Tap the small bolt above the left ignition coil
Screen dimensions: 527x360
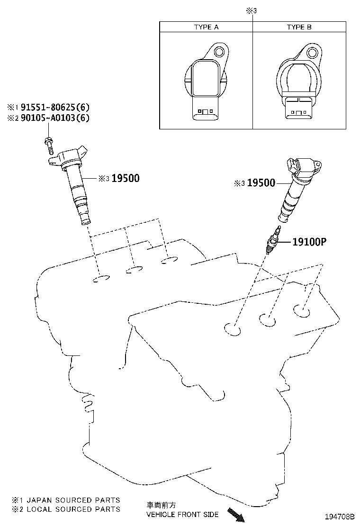coord(49,144)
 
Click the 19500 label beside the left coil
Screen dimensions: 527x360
coord(126,179)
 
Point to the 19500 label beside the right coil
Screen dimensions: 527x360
coord(261,183)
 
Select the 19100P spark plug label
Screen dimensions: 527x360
coord(309,242)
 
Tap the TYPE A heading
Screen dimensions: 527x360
coord(206,27)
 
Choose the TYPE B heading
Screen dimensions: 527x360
coord(299,27)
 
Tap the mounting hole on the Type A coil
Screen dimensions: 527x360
coord(219,52)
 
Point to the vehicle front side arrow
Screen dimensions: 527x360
coord(236,515)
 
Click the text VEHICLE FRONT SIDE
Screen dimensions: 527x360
coord(182,515)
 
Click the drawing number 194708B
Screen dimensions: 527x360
coord(339,516)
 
